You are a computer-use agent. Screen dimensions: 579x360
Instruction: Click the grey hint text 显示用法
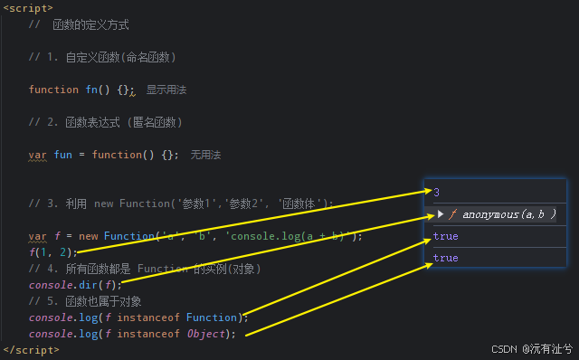coord(166,90)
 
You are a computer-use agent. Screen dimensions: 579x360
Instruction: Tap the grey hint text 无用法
coord(205,155)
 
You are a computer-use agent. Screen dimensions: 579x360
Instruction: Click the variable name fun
coord(63,155)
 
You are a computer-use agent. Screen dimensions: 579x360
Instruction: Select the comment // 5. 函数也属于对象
coord(85,301)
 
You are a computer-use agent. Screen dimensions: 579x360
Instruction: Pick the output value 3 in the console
coord(437,192)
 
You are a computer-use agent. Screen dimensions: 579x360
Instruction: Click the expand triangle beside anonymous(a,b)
coord(441,214)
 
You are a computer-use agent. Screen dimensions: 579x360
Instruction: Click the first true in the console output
coord(445,236)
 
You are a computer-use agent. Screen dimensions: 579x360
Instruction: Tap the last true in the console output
coord(445,258)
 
